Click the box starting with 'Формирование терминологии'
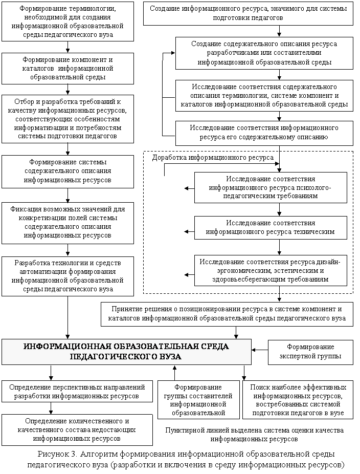coord(67,21)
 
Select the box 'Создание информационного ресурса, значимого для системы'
coord(248,13)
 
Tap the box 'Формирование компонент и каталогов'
coord(67,68)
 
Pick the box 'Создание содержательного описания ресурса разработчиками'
coord(264,53)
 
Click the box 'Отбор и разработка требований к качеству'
coord(67,118)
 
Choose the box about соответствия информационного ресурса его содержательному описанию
coord(264,133)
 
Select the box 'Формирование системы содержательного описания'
coord(67,171)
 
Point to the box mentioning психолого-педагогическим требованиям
coord(270,187)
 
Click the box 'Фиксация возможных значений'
coord(67,223)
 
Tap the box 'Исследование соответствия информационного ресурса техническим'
coord(270,227)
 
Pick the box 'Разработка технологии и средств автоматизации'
coord(67,276)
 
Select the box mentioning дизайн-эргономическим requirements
coord(270,270)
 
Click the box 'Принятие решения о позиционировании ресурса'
coord(227,314)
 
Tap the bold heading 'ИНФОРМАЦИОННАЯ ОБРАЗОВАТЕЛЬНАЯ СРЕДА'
coord(126,352)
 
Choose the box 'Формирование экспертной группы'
coord(310,352)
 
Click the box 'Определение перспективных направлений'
coord(77,392)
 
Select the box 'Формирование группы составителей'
coord(198,399)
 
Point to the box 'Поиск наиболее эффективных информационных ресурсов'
coord(298,399)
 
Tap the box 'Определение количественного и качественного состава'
coord(77,430)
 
